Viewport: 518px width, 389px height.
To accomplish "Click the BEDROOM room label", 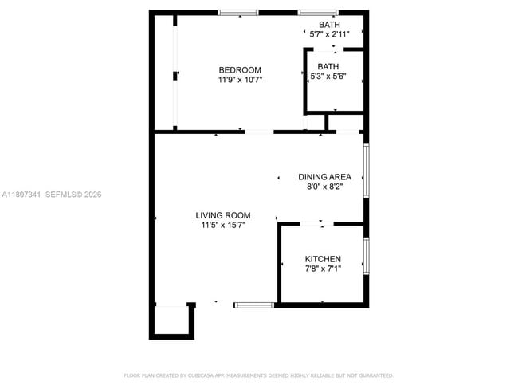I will (x=240, y=70).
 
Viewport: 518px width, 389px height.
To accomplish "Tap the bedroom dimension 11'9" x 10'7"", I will (x=240, y=80).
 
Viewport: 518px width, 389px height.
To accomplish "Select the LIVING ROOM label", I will (x=223, y=215).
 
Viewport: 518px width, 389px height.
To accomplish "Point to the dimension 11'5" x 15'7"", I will (x=223, y=226).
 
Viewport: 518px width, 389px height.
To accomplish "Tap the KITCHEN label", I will (x=323, y=259).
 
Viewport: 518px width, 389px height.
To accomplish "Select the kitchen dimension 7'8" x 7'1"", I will (x=323, y=269).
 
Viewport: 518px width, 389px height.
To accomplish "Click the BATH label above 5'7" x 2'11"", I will (x=328, y=25).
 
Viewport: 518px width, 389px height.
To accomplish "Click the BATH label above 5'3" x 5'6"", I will (x=328, y=66).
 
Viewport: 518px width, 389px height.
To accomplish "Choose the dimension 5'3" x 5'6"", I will (x=328, y=77).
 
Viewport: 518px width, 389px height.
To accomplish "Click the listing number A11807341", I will (x=21, y=194).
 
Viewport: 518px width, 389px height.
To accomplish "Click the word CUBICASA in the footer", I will (x=202, y=375).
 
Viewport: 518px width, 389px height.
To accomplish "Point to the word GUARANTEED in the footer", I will (x=376, y=375).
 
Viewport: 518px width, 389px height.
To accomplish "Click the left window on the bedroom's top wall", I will (x=238, y=12).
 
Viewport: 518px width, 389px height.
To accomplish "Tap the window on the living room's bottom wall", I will (x=254, y=304).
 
